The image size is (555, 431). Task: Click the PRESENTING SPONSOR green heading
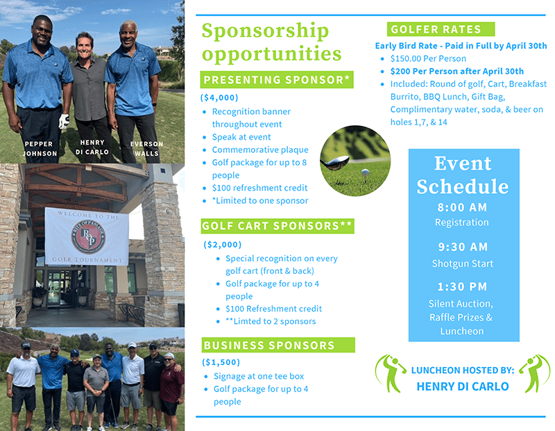pyautogui.click(x=276, y=80)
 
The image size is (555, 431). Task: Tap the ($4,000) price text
pyautogui.click(x=219, y=97)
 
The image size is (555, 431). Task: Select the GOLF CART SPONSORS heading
pyautogui.click(x=277, y=226)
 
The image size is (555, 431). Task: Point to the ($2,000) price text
pyautogui.click(x=222, y=245)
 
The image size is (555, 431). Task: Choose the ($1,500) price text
pyautogui.click(x=221, y=362)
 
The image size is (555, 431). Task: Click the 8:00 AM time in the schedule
pyautogui.click(x=462, y=207)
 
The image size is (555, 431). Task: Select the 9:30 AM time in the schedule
pyautogui.click(x=463, y=247)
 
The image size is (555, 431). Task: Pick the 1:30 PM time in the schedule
pyautogui.click(x=462, y=286)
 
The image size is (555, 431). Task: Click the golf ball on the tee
pyautogui.click(x=365, y=173)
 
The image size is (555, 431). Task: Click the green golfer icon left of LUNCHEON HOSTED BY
pyautogui.click(x=389, y=373)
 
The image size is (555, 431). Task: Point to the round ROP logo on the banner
pyautogui.click(x=89, y=236)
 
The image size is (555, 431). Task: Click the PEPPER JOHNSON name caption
pyautogui.click(x=40, y=149)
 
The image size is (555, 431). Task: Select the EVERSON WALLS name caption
pyautogui.click(x=146, y=149)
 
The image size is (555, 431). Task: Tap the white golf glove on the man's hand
pyautogui.click(x=64, y=122)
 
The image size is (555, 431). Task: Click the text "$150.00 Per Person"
pyautogui.click(x=428, y=58)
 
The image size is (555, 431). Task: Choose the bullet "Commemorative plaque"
pyautogui.click(x=260, y=149)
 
